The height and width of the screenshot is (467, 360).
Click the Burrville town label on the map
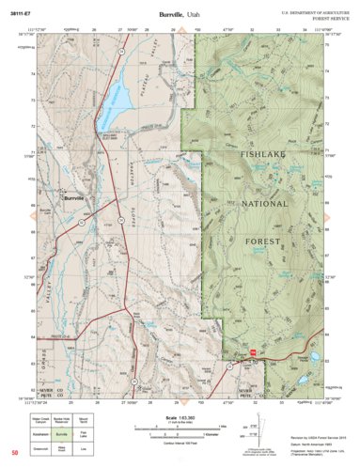74,199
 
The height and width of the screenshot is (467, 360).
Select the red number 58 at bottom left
14,454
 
